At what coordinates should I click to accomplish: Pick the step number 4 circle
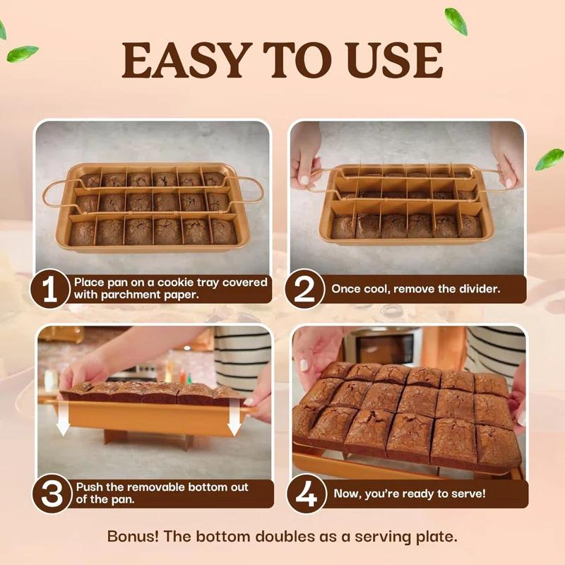tap(305, 494)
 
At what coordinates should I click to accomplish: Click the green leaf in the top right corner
tap(456, 21)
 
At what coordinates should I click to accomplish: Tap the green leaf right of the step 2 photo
tap(549, 159)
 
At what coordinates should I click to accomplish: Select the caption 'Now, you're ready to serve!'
tap(410, 494)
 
